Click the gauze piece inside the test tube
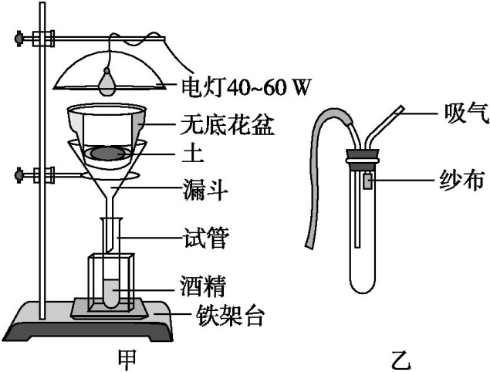(368, 182)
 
